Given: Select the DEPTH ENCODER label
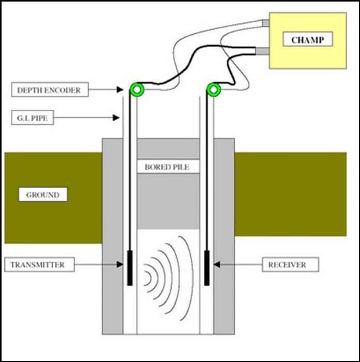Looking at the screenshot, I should [x=49, y=90].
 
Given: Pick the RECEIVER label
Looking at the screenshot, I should [x=286, y=265].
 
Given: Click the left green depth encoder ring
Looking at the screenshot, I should [x=136, y=90].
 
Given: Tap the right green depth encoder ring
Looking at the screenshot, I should [x=214, y=90].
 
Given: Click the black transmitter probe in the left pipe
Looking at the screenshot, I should [x=129, y=267].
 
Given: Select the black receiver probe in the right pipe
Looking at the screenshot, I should [x=207, y=267].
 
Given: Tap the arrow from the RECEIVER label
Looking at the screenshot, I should [x=233, y=265].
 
